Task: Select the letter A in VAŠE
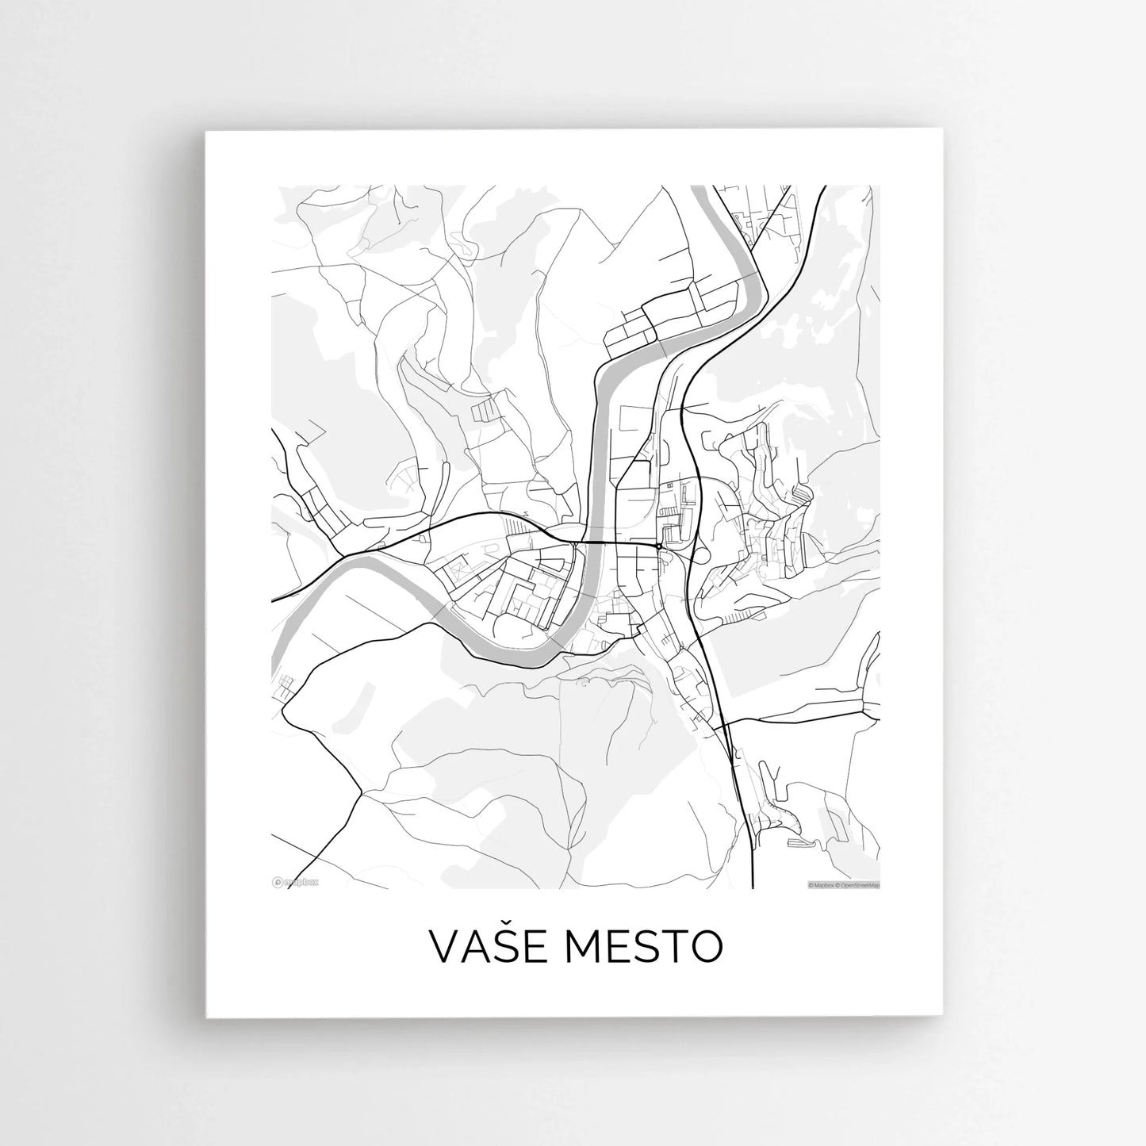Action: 471,947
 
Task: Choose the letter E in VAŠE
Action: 526,947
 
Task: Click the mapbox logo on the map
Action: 295,880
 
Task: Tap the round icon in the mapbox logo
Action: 277,880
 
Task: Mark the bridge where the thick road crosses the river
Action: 595,543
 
